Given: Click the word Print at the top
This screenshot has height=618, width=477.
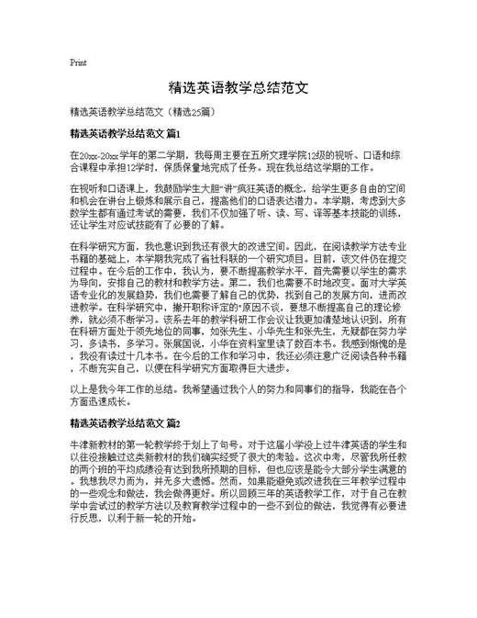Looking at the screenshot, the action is [x=78, y=62].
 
